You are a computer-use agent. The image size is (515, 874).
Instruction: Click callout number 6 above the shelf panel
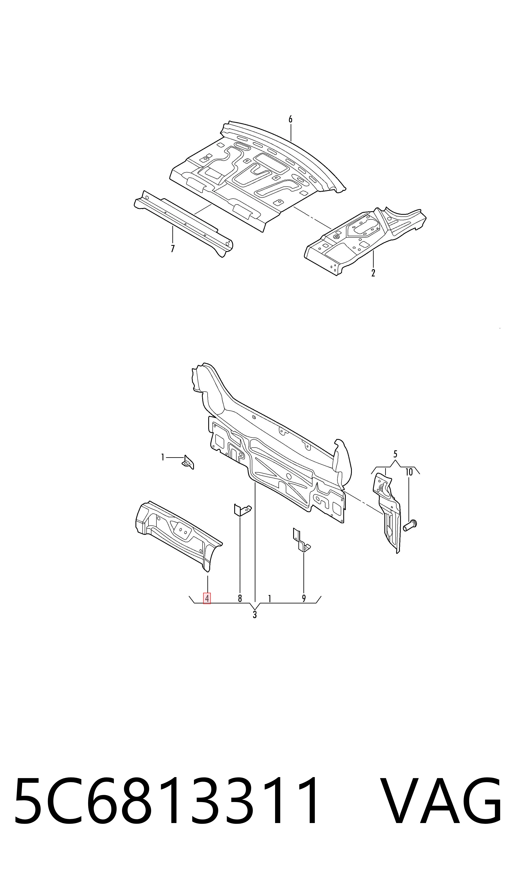click(290, 119)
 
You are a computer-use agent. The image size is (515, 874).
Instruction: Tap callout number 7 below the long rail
click(173, 249)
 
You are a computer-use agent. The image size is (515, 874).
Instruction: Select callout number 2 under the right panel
click(373, 273)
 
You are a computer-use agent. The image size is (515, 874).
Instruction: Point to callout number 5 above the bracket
click(395, 454)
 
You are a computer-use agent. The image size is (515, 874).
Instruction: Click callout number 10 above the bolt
click(409, 472)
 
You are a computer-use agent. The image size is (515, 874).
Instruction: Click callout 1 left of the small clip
click(163, 457)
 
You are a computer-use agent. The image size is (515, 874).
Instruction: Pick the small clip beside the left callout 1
click(188, 462)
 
